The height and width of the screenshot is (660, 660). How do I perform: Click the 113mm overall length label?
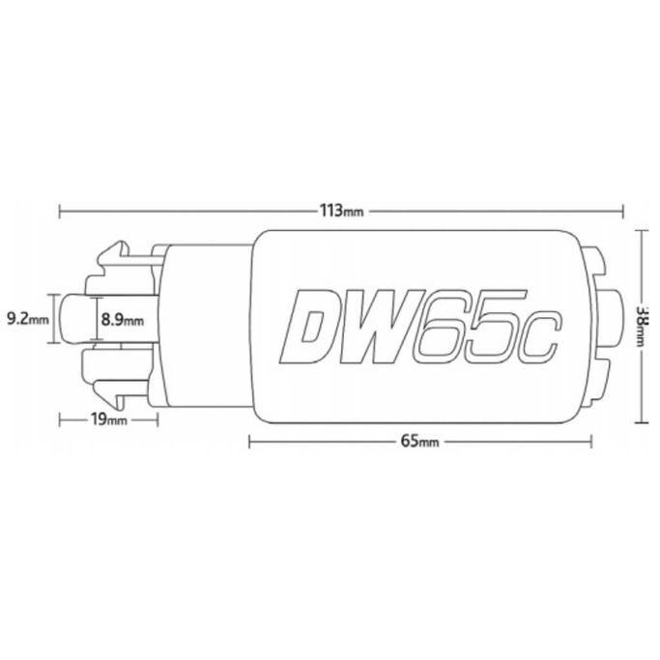point(341,211)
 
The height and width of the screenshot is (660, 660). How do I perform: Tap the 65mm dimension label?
point(419,442)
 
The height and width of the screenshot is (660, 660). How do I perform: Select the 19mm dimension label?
point(108,419)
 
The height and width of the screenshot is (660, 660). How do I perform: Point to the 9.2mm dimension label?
point(28,319)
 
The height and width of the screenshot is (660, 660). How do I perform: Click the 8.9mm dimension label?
point(123,320)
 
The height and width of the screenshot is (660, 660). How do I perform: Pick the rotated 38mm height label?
point(643,326)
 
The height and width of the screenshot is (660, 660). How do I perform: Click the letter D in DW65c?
point(310,327)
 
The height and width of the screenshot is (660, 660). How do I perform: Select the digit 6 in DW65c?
point(440,327)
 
